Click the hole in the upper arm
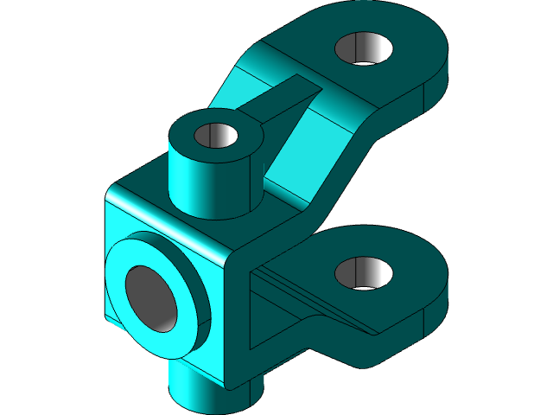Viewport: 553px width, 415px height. pos(364,48)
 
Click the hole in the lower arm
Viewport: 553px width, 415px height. pos(364,273)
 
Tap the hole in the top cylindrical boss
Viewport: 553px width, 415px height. pos(216,136)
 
